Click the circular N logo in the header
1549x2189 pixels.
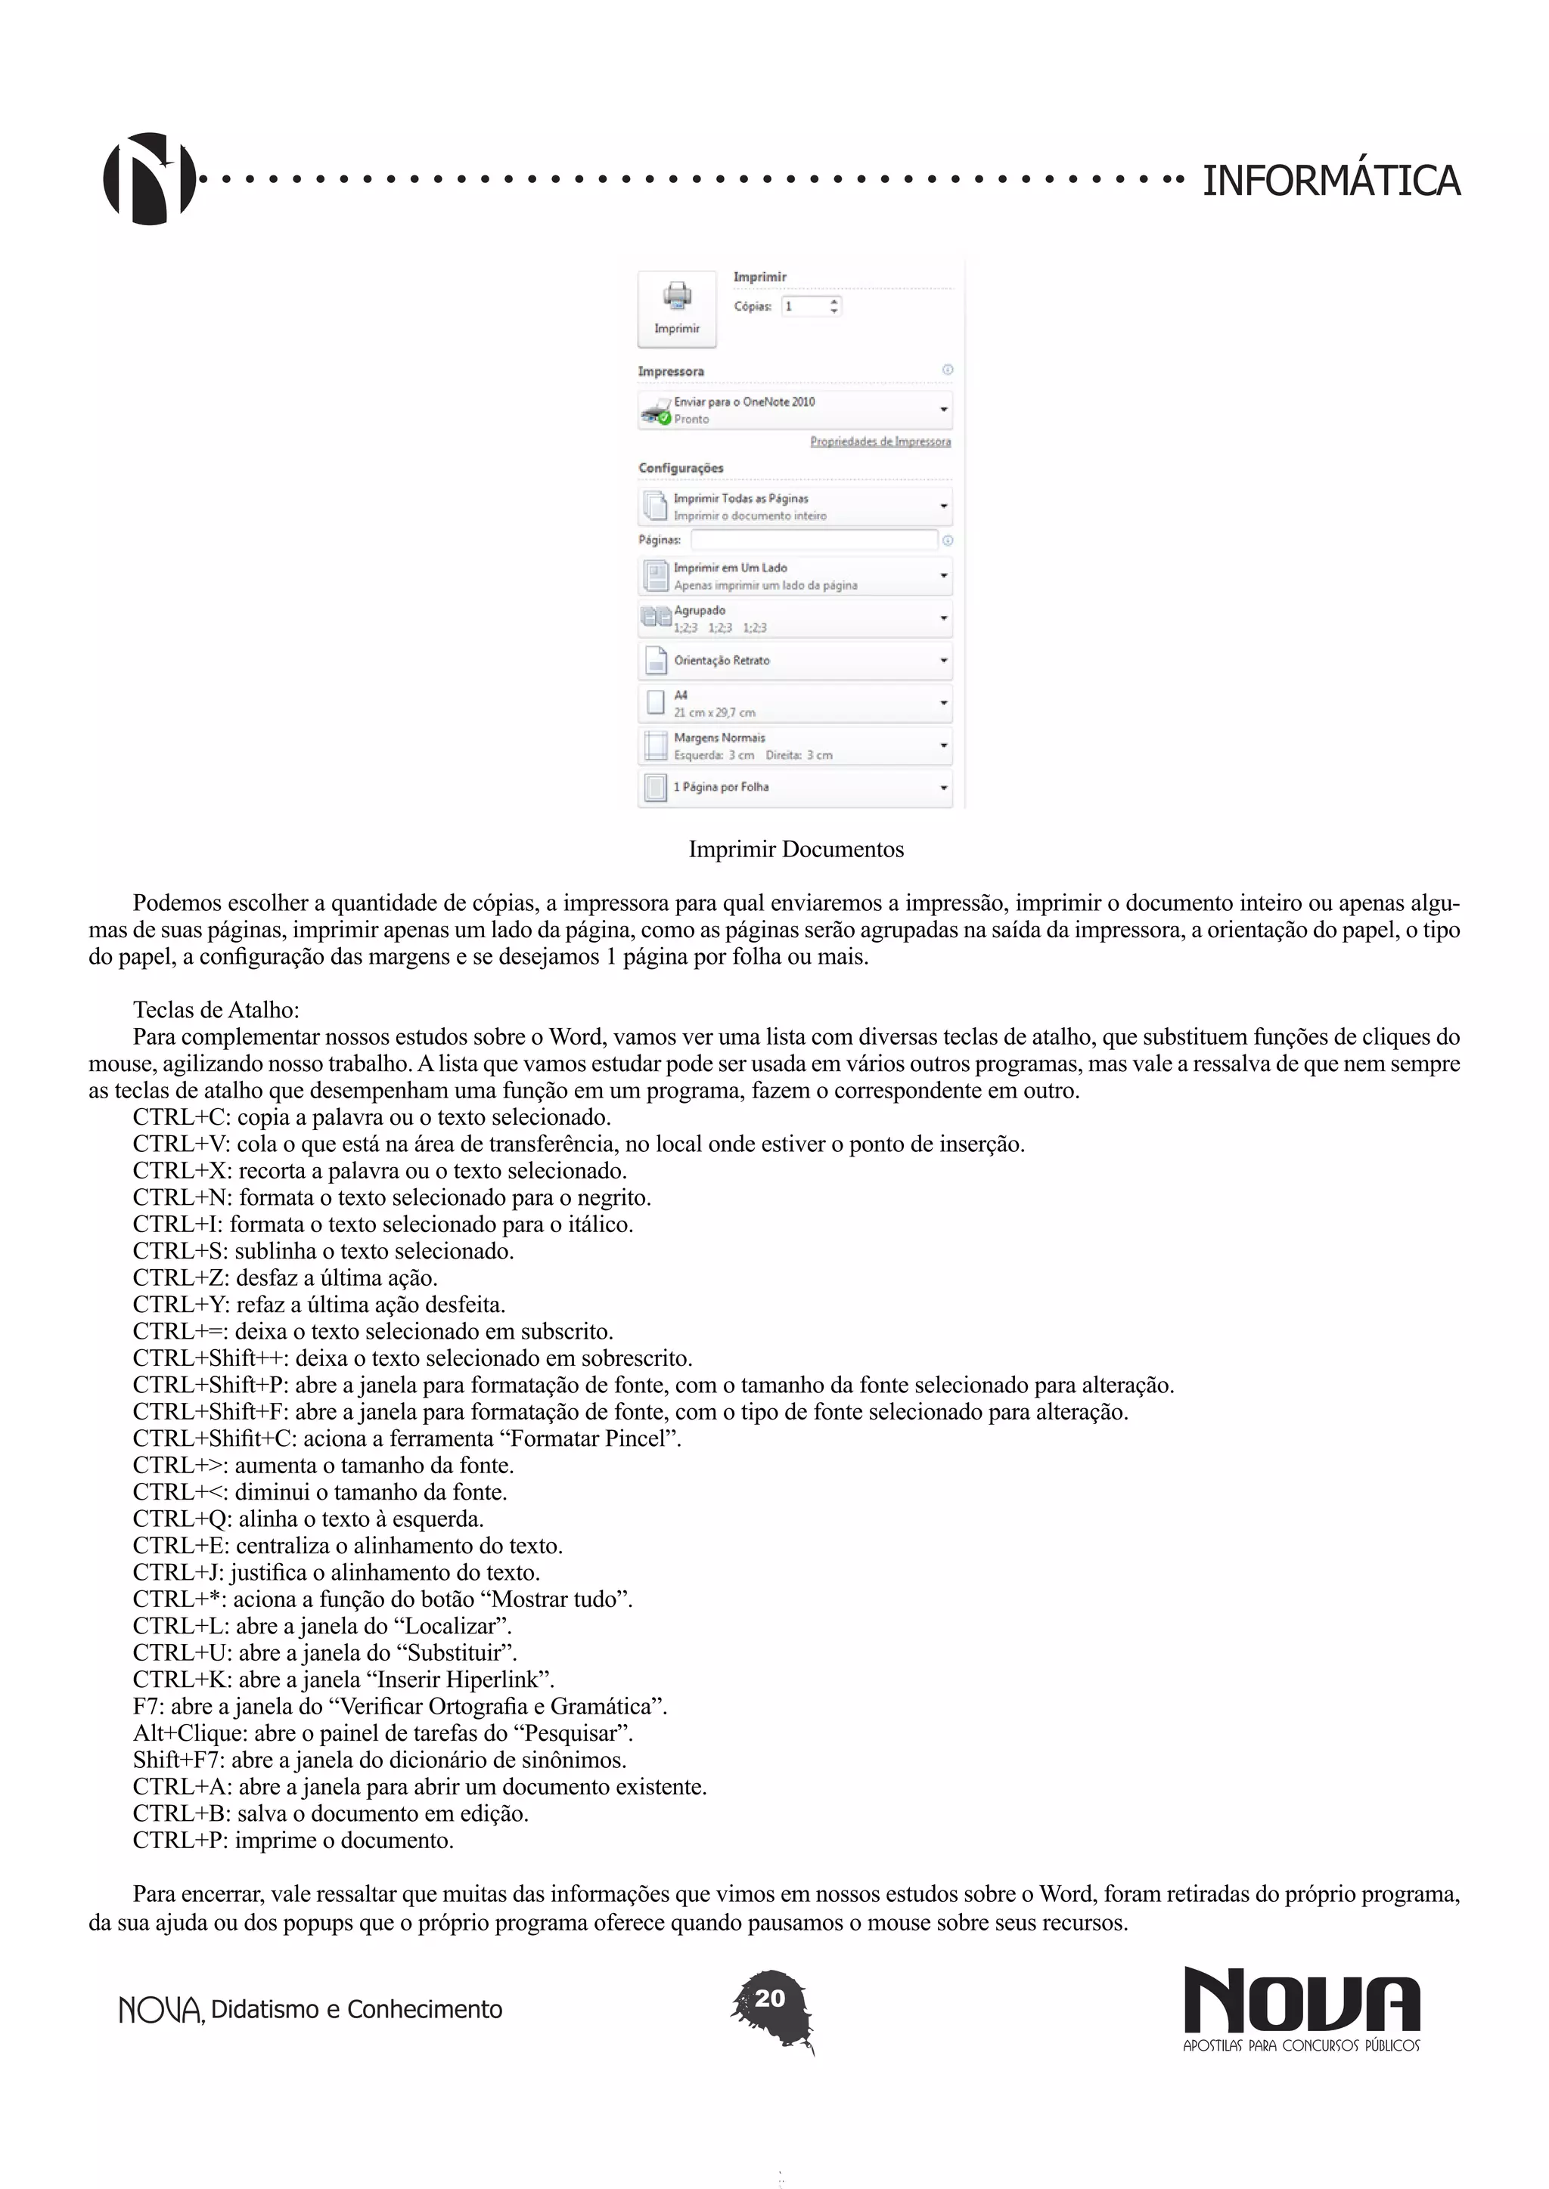pos(149,179)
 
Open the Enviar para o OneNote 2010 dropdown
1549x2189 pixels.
pos(794,410)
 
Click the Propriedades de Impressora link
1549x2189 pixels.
pos(880,441)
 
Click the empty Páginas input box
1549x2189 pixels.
pos(814,540)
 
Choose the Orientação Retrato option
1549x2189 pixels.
pos(794,660)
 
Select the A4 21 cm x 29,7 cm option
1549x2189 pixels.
pos(794,703)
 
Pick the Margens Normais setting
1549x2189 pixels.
pos(794,745)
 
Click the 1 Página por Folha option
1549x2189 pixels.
pos(794,788)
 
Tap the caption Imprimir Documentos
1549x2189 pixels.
pos(796,850)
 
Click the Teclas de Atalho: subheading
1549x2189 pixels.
pos(216,1010)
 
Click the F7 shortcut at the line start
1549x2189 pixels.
pos(147,1707)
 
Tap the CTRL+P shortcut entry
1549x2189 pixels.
pos(179,1840)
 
